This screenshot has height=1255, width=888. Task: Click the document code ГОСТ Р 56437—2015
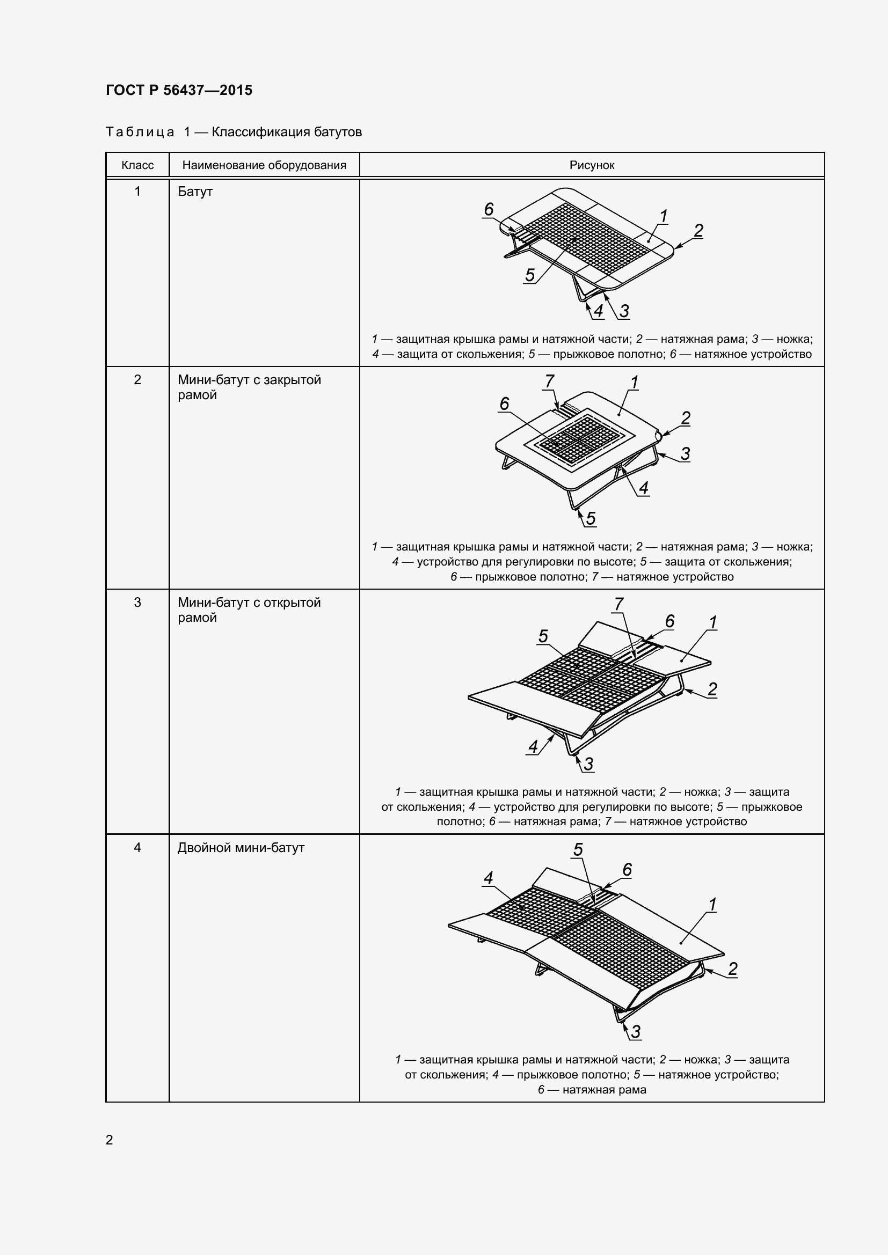(x=179, y=90)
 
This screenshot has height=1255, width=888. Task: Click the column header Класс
(x=137, y=165)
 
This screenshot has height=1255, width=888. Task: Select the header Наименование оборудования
(x=264, y=166)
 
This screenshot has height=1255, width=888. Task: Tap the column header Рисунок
(x=592, y=166)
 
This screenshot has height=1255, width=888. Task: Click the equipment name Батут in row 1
(x=195, y=192)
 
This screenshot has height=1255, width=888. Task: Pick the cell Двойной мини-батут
(x=241, y=848)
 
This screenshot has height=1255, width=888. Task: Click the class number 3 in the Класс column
(x=137, y=603)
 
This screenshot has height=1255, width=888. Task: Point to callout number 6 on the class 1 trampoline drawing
(x=489, y=209)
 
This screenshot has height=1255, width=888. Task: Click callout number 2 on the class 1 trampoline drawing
(x=698, y=230)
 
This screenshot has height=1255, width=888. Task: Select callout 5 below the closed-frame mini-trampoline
(x=591, y=518)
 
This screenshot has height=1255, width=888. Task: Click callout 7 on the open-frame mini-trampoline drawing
(x=618, y=604)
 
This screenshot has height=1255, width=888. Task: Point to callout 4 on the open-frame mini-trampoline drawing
(x=533, y=746)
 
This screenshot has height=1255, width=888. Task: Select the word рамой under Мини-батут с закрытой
(x=198, y=395)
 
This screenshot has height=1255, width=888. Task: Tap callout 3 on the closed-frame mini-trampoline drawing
(x=685, y=453)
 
